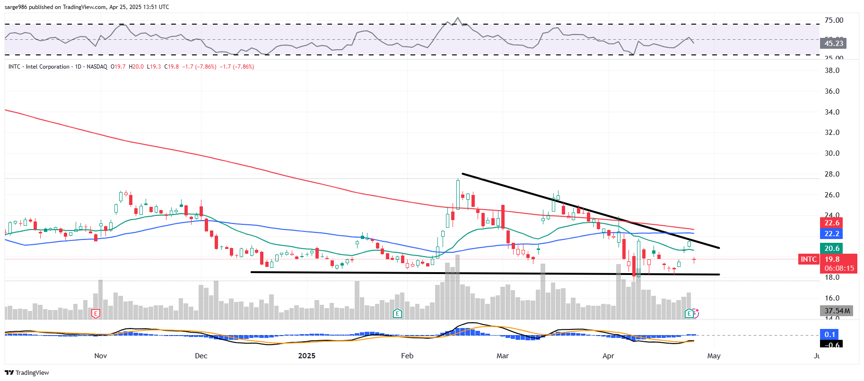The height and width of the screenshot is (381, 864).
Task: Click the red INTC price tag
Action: [x=808, y=259]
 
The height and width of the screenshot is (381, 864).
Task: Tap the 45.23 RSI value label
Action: [x=833, y=44]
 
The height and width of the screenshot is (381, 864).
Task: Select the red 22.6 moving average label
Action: [x=832, y=223]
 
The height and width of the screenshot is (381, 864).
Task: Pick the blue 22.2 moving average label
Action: [x=832, y=234]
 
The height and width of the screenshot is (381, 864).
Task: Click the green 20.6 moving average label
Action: [x=832, y=248]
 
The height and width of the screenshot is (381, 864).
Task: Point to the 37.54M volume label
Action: [x=837, y=311]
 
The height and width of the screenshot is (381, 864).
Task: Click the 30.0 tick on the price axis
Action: [x=832, y=153]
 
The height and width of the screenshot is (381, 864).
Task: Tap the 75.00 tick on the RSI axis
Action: [x=834, y=20]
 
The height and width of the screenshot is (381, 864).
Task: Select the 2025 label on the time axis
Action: [x=306, y=356]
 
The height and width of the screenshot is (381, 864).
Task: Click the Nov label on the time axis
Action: [x=100, y=356]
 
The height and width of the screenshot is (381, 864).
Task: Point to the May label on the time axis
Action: [x=714, y=356]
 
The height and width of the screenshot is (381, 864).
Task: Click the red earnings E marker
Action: [x=96, y=313]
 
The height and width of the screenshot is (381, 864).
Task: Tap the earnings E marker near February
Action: [x=397, y=313]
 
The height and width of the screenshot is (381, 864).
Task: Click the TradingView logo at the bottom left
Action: [x=27, y=372]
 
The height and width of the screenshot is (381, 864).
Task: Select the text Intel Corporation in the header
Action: [x=47, y=67]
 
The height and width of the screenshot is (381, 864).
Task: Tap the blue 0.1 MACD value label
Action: [x=829, y=335]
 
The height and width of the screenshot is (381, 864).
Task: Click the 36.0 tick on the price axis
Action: [x=832, y=91]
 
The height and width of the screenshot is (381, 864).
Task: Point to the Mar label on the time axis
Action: [x=502, y=356]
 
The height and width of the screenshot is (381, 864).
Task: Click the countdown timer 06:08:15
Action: [x=839, y=268]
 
